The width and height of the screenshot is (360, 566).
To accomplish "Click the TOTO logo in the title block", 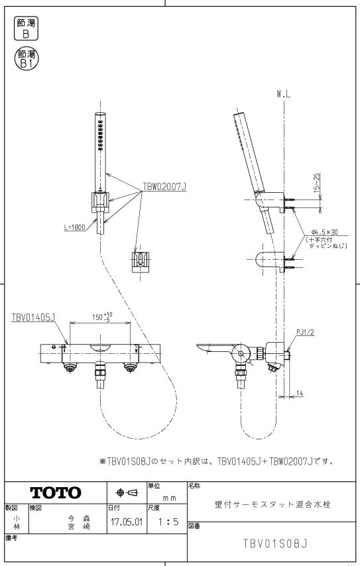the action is click(x=56, y=492).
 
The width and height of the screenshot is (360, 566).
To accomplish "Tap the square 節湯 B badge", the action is click(x=26, y=29).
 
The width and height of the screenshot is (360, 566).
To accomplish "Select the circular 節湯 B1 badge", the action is click(x=27, y=59).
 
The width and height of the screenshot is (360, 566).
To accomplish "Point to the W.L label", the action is click(x=284, y=95).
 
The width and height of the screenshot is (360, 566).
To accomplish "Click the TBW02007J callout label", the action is click(x=164, y=187).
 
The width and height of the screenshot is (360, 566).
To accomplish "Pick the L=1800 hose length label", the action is click(x=74, y=227).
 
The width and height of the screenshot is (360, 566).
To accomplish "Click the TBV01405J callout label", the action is click(x=33, y=317).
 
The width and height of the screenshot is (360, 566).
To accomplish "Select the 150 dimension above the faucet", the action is click(x=102, y=317).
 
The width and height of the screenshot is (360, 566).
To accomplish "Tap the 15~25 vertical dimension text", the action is click(x=317, y=182).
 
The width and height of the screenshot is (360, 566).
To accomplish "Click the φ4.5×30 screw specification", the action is click(x=324, y=232).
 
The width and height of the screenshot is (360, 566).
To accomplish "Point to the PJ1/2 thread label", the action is click(x=305, y=332).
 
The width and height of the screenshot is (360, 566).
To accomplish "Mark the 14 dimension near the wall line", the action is click(x=300, y=394).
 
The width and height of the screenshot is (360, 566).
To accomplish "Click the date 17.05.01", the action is click(x=127, y=522).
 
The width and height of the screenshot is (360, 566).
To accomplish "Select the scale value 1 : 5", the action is click(x=168, y=522).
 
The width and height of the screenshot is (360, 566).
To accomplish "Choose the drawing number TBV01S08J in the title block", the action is click(x=274, y=543).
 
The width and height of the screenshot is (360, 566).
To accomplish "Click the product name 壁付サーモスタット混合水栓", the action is click(x=272, y=504).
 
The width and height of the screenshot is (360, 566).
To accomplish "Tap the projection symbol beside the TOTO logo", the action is click(x=127, y=492).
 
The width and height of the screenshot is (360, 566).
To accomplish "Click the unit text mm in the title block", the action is click(x=169, y=498).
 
